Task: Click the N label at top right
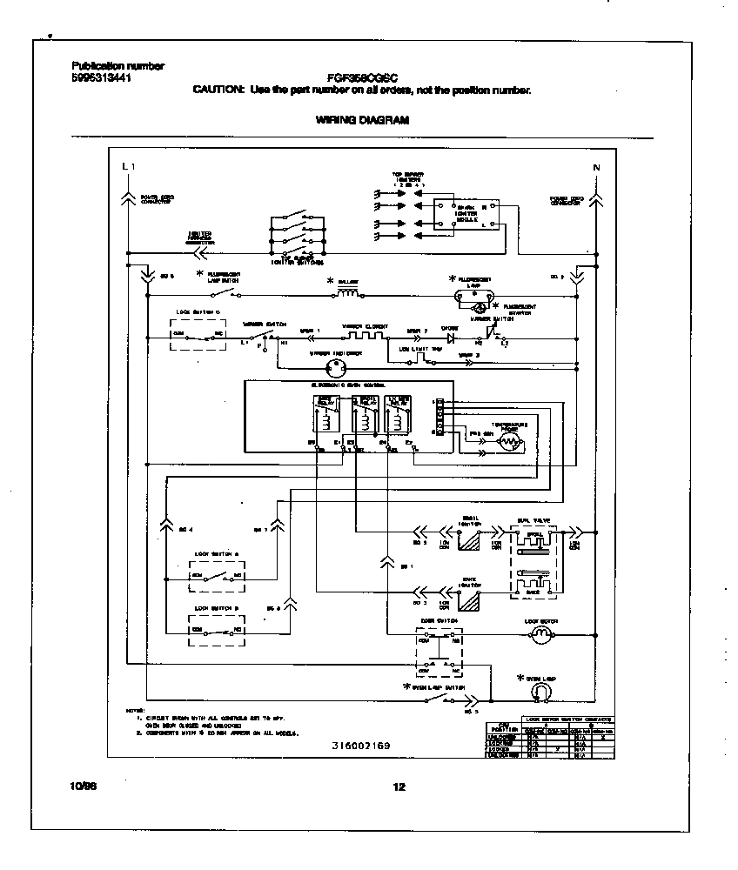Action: (596, 166)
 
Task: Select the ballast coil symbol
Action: (348, 295)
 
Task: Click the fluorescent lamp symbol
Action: (474, 295)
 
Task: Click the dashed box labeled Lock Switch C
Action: (198, 331)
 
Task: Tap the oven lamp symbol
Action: (540, 690)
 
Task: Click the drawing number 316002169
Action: (361, 746)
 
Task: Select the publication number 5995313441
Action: (100, 77)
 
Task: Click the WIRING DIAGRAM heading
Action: (361, 121)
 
